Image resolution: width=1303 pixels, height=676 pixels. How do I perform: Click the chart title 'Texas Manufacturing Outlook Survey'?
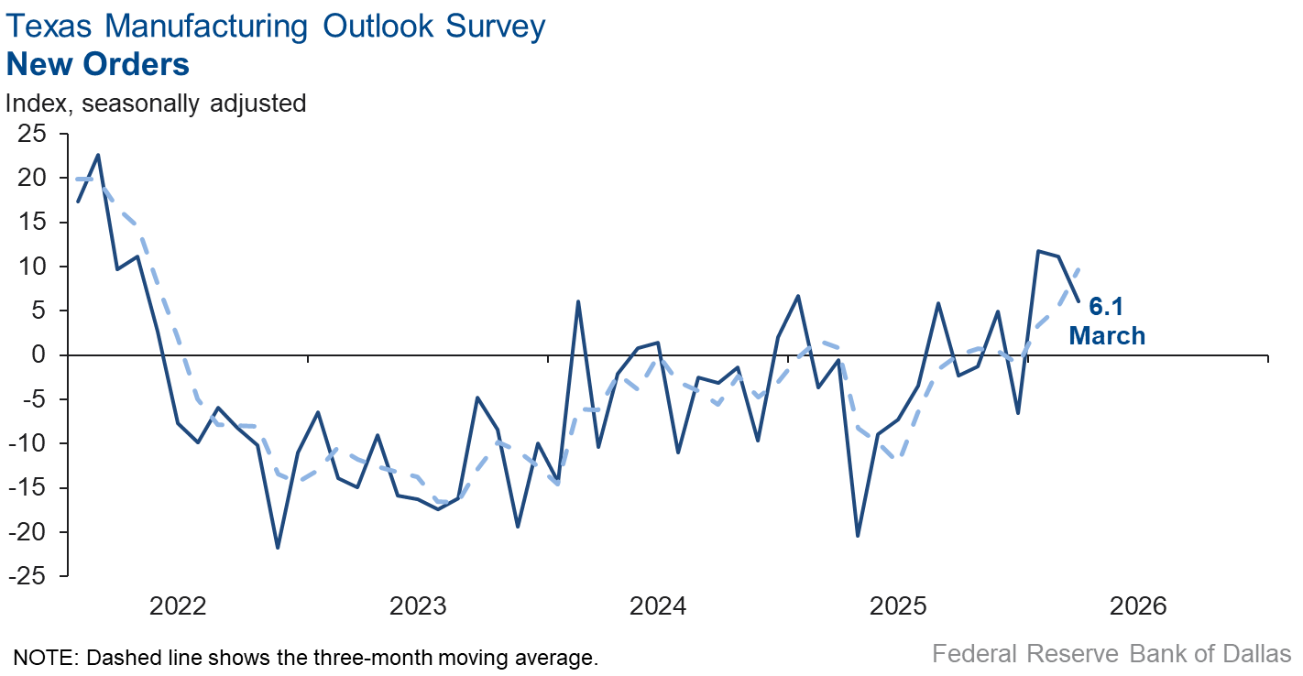(x=276, y=26)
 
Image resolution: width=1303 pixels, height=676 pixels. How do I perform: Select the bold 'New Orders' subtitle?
(x=98, y=64)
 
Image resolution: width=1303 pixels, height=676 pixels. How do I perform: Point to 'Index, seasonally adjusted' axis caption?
(x=156, y=103)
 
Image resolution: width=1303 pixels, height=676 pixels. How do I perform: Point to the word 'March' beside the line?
(x=1108, y=336)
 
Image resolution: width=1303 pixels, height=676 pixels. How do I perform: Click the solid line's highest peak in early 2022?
(x=98, y=155)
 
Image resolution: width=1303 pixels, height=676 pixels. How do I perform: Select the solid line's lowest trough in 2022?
(x=278, y=547)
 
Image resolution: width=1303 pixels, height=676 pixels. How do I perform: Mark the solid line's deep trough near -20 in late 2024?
(x=858, y=536)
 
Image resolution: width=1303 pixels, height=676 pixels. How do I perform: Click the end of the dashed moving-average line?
(x=1079, y=268)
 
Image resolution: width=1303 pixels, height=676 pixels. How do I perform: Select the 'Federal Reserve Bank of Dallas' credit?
(x=1111, y=654)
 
